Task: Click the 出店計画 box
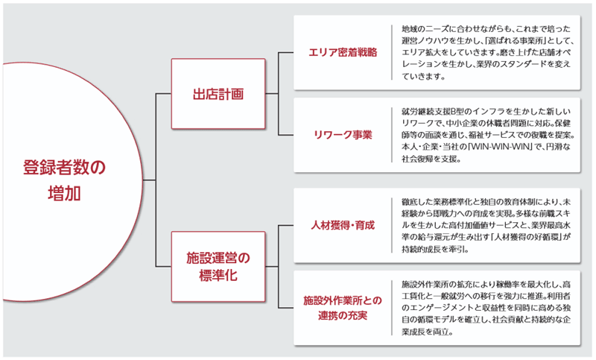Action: (218, 94)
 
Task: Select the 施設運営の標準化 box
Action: (218, 267)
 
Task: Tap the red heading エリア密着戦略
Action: (343, 52)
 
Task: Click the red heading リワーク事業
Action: (343, 135)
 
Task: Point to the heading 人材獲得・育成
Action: (343, 225)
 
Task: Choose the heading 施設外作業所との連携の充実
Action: (343, 308)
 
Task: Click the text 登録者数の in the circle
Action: (64, 167)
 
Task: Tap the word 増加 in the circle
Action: (64, 194)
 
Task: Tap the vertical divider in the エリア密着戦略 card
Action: (392, 52)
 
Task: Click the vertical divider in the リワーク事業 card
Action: (392, 135)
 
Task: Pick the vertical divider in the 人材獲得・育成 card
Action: (392, 225)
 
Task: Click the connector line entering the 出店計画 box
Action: (163, 93)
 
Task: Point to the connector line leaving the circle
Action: (149, 180)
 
